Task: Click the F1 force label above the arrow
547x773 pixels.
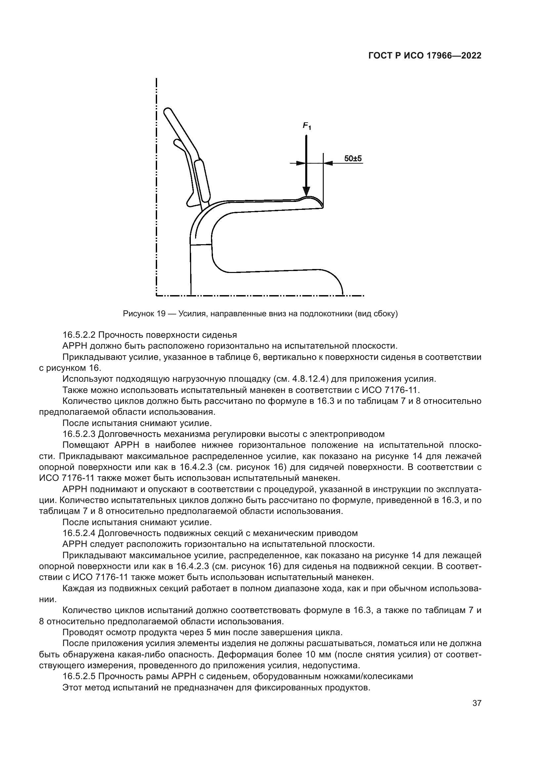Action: [x=307, y=126]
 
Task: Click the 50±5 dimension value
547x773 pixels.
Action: [x=353, y=158]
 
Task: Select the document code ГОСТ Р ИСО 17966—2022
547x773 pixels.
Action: [x=425, y=56]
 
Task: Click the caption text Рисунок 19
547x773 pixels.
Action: [x=144, y=314]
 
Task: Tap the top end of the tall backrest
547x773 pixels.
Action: [x=167, y=112]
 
